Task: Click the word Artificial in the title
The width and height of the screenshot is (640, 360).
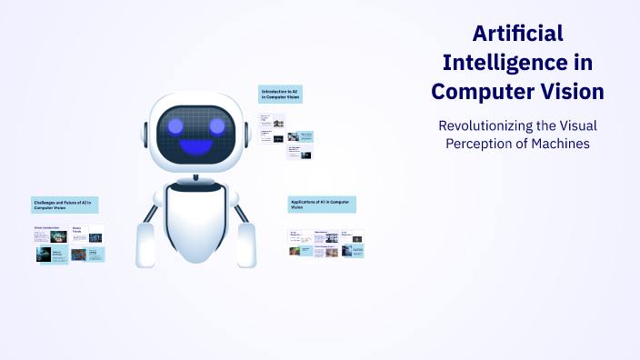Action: tap(518, 34)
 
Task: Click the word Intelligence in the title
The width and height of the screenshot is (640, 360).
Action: tap(495, 63)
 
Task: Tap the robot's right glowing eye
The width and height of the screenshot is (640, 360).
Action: tap(216, 125)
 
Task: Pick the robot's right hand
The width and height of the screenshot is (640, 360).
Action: tap(246, 243)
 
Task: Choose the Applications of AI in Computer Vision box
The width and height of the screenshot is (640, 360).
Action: tap(321, 204)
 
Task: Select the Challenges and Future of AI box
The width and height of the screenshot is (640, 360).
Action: tap(65, 204)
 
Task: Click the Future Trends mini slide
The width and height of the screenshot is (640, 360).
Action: tap(88, 234)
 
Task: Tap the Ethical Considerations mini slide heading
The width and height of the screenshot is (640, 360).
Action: tap(46, 227)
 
